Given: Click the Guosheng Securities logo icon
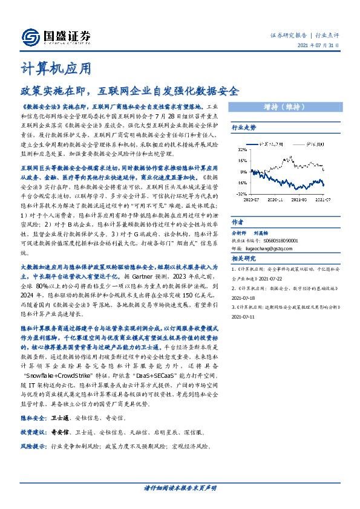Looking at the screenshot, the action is click(x=30, y=37).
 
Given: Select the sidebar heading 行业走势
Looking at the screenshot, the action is click(x=244, y=128).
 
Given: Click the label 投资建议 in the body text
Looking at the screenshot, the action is click(x=33, y=433).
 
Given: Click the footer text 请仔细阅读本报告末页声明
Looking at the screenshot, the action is click(x=180, y=488).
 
